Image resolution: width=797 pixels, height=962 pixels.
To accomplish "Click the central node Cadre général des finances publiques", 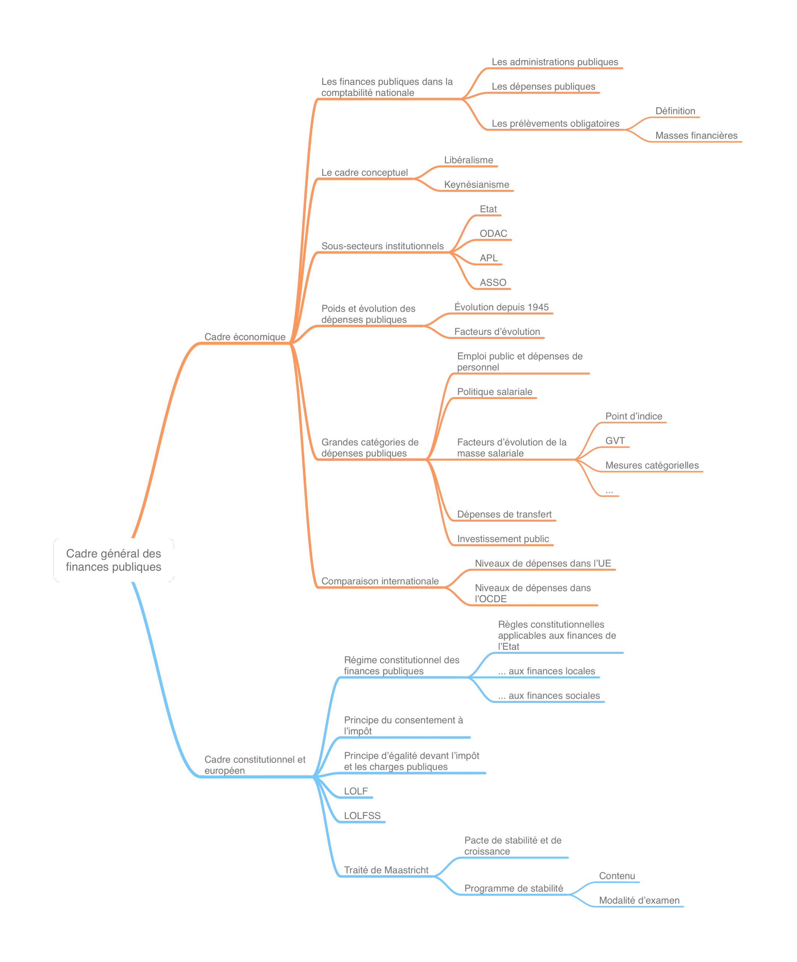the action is coord(113,560).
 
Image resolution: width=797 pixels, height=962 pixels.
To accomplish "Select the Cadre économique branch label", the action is coord(244,337).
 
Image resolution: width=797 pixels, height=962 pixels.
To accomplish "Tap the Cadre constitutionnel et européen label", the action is coord(255,765).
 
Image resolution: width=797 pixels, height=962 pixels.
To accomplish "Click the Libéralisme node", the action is coord(468,160).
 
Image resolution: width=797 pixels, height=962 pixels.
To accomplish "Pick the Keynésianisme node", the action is coord(477,185).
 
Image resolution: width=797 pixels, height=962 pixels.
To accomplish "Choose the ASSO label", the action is coord(493,283).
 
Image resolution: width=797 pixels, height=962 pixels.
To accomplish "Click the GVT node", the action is coord(615,441).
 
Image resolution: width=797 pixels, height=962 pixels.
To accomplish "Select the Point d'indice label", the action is coord(634,416).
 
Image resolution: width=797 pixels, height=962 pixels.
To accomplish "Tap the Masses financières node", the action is coord(696,136).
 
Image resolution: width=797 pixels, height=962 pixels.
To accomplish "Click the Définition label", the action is coord(675,111).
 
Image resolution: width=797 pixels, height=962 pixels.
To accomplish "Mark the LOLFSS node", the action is coord(362,816).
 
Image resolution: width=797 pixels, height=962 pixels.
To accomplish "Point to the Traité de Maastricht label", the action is coord(386,870).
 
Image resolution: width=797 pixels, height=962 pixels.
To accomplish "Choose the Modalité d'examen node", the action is coord(639,900).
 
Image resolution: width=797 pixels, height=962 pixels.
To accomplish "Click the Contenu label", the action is coord(617,876).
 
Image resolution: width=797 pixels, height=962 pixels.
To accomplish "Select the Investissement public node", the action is coord(502,539).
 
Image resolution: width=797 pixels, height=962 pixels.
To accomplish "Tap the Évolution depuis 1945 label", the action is coord(501,307).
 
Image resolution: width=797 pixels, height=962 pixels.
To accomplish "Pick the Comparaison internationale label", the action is coord(380,581).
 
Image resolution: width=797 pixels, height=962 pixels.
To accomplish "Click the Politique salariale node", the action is coord(494,392).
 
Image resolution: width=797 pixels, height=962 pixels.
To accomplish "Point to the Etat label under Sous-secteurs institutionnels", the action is coord(488,209).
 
